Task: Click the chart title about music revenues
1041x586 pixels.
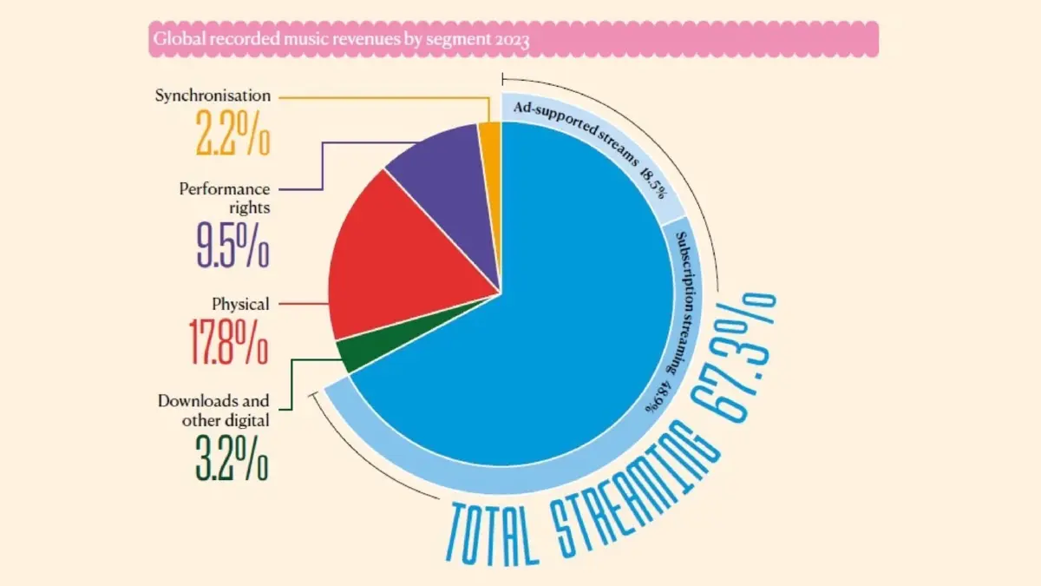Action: pyautogui.click(x=341, y=39)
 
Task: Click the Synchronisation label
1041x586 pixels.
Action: pyautogui.click(x=213, y=95)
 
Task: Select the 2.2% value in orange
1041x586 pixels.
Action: pyautogui.click(x=232, y=133)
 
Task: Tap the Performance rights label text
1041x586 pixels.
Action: pyautogui.click(x=225, y=198)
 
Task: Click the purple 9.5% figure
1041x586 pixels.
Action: pyautogui.click(x=232, y=245)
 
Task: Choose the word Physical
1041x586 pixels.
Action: pyautogui.click(x=240, y=304)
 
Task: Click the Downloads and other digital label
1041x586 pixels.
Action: pyautogui.click(x=213, y=410)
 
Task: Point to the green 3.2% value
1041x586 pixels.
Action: pyautogui.click(x=232, y=458)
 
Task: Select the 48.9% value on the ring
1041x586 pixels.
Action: pyautogui.click(x=659, y=397)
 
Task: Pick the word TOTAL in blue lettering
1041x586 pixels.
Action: pyautogui.click(x=493, y=535)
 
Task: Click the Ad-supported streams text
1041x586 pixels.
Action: pyautogui.click(x=576, y=133)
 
